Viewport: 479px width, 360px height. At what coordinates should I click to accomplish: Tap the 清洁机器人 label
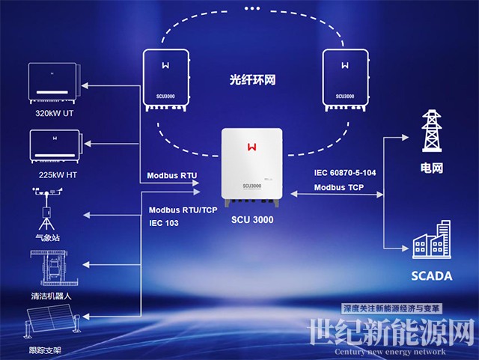pyautogui.click(x=51, y=296)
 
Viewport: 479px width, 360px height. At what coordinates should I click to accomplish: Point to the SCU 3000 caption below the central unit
pyautogui.click(x=252, y=220)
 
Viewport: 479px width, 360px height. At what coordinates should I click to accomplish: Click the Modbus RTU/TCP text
pyautogui.click(x=183, y=210)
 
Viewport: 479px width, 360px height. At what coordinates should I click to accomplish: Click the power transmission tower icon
pyautogui.click(x=431, y=132)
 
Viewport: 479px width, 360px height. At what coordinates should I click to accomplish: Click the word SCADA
pyautogui.click(x=431, y=276)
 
